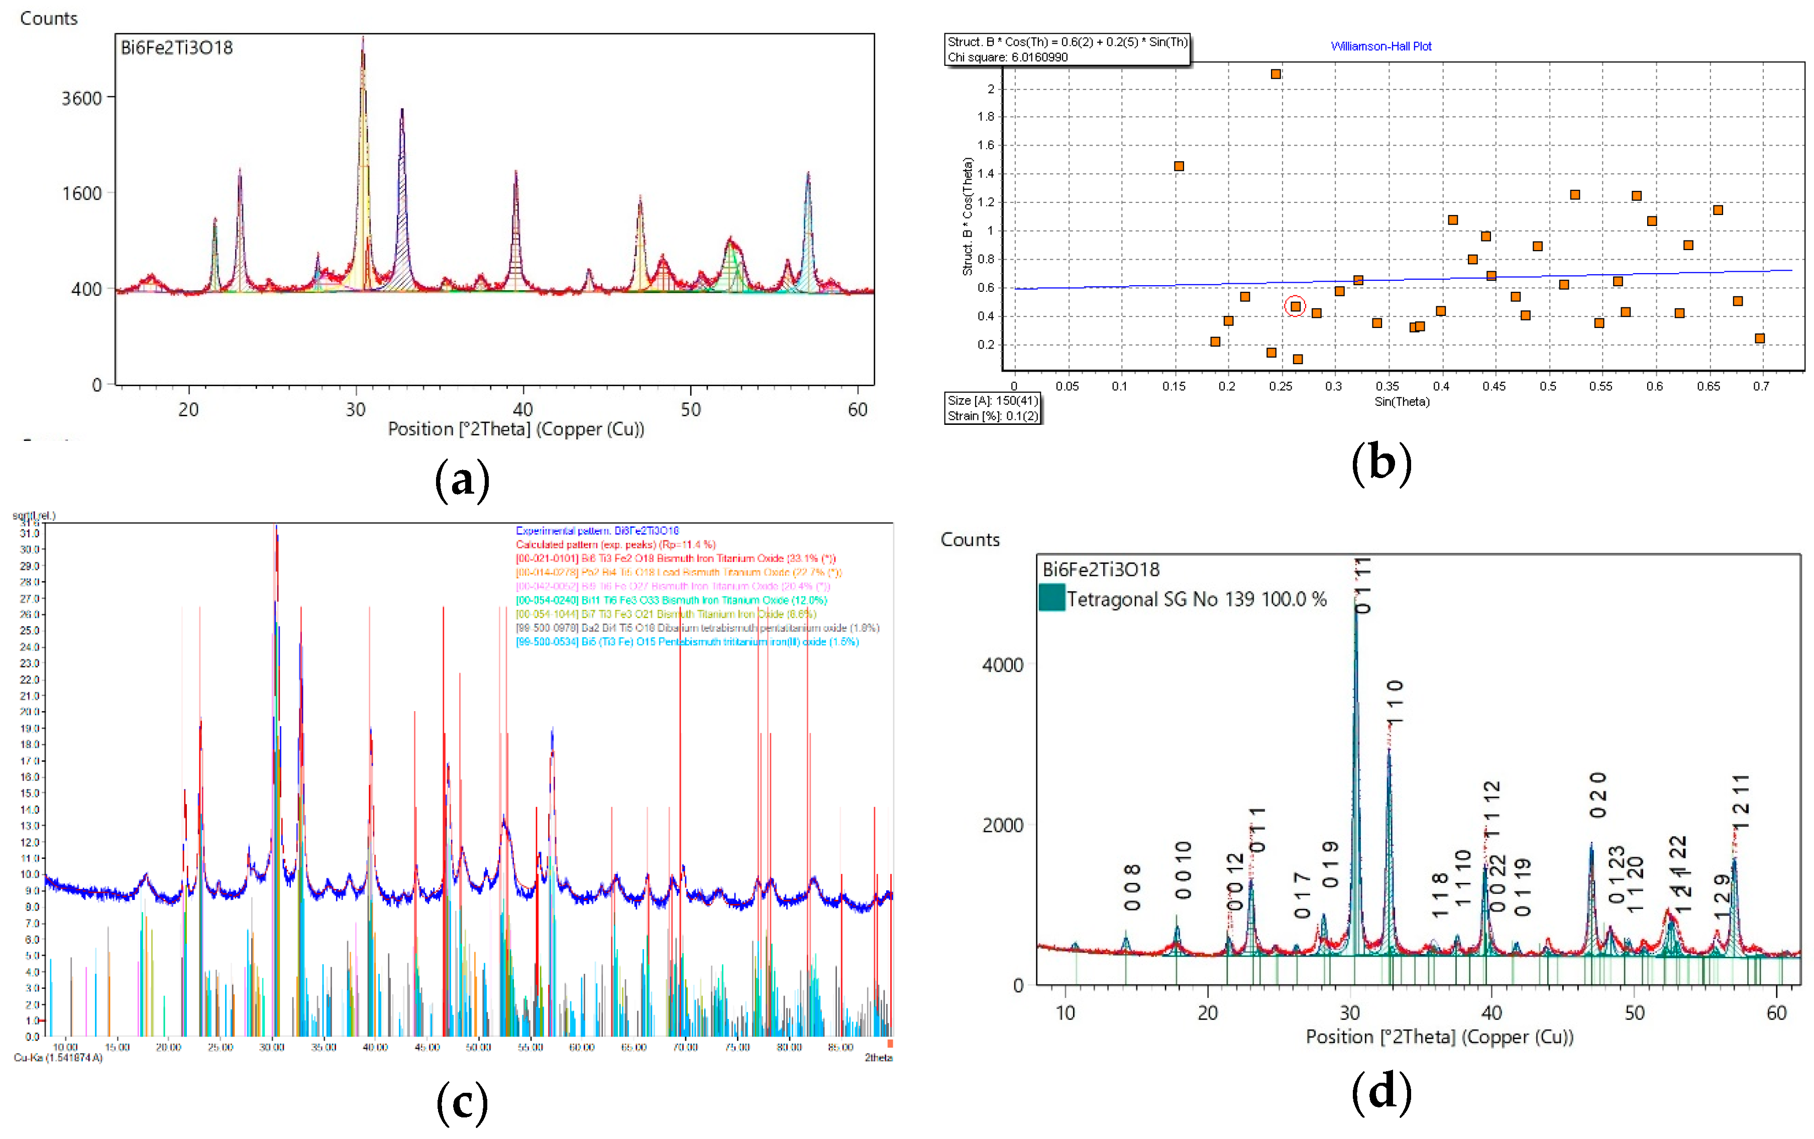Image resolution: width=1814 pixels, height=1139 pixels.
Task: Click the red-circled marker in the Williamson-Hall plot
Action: click(1295, 306)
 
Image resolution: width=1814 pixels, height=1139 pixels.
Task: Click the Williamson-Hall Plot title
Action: click(1381, 47)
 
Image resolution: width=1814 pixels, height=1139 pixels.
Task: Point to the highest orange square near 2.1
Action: click(1275, 74)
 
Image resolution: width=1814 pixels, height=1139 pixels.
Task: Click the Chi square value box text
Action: click(1007, 57)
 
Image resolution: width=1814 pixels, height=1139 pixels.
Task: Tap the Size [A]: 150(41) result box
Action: click(993, 401)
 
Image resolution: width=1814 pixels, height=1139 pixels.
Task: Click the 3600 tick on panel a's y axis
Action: click(81, 98)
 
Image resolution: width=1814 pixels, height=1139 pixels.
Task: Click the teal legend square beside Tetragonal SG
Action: click(1051, 598)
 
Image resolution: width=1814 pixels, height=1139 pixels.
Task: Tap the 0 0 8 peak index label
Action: click(1131, 887)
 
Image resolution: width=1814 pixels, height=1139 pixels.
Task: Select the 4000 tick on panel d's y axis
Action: click(1003, 665)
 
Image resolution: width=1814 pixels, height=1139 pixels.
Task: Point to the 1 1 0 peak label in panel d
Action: click(1395, 702)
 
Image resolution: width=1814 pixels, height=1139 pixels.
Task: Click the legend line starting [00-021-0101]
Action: click(675, 559)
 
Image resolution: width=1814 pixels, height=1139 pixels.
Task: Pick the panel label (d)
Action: click(1381, 1093)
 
